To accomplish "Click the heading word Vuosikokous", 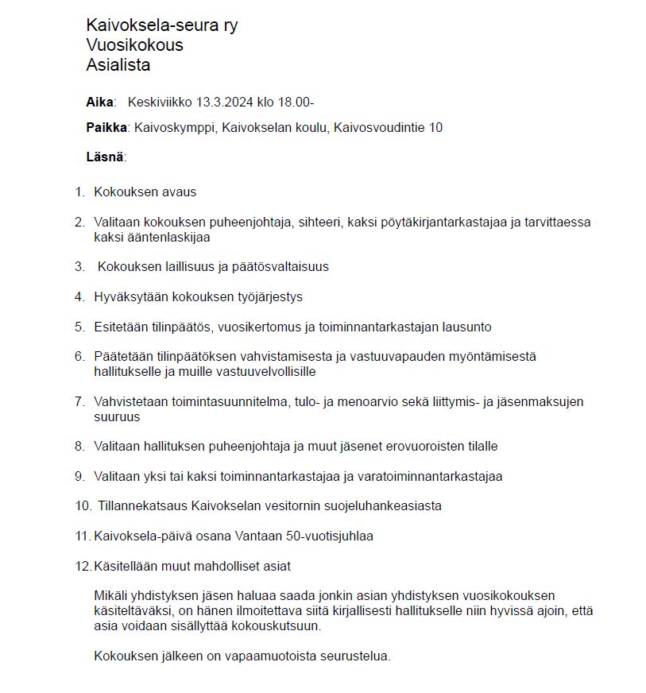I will click(134, 45).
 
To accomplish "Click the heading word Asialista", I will click(118, 65).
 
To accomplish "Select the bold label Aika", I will click(100, 103).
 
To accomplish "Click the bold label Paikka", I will click(108, 128).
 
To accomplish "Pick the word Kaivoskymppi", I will click(172, 128).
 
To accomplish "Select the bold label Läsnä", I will click(105, 157).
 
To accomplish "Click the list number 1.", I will click(79, 192).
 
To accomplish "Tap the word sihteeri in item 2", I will click(319, 223).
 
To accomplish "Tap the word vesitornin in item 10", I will click(289, 505).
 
